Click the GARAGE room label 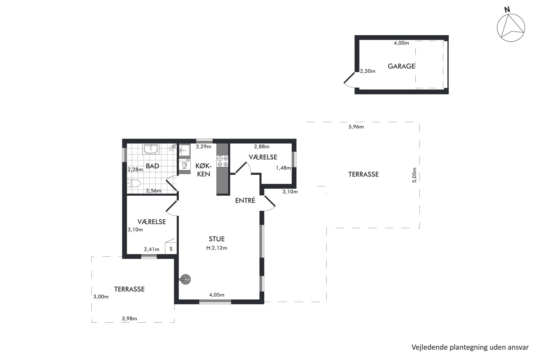tap(401, 66)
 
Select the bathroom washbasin tap(151, 149)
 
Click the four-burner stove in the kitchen tap(222, 161)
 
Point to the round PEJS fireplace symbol tap(186, 279)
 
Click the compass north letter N tap(507, 10)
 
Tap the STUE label tap(217, 239)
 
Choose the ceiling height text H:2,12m tap(217, 248)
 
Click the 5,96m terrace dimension tap(356, 127)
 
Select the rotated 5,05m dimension tap(415, 175)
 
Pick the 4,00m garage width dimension tap(401, 43)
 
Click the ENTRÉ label tap(245, 201)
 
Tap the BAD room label tap(152, 166)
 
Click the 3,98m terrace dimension tap(129, 318)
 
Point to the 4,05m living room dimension tap(217, 295)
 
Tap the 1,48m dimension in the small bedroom tap(283, 168)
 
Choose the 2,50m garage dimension tap(368, 71)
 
